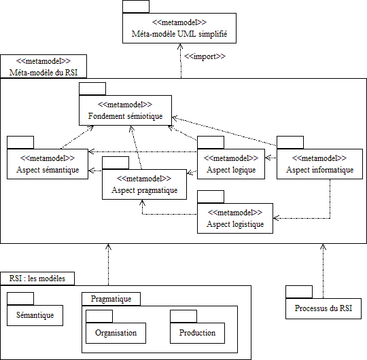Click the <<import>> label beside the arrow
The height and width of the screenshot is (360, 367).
coord(205,56)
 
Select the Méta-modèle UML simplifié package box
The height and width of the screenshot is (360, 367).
coord(179,28)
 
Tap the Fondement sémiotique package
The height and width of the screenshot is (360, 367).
coord(125,110)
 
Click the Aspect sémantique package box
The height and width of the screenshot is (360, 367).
coord(48,164)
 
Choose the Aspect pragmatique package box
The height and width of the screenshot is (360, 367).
coord(144,184)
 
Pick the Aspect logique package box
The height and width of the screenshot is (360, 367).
coord(231,164)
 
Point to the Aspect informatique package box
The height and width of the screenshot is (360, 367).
coord(319,164)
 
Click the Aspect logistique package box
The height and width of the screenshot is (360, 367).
coord(235,218)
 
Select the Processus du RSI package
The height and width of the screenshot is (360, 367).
coord(324,308)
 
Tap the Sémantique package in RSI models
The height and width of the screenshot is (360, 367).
coord(35,315)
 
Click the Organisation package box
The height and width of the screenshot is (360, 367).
coord(116,333)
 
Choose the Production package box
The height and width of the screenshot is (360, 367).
coord(197,333)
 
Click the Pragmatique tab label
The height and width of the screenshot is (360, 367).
coord(111,299)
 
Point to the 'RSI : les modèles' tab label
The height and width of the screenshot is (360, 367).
coord(37,278)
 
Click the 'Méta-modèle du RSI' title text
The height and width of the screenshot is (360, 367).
coord(43,73)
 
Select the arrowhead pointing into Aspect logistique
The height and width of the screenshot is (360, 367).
coord(276,218)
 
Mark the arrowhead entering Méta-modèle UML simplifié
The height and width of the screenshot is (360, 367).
coord(180,46)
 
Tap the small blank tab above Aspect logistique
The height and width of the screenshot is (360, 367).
coord(211,197)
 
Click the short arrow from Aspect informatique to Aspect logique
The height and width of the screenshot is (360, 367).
coord(270,158)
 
